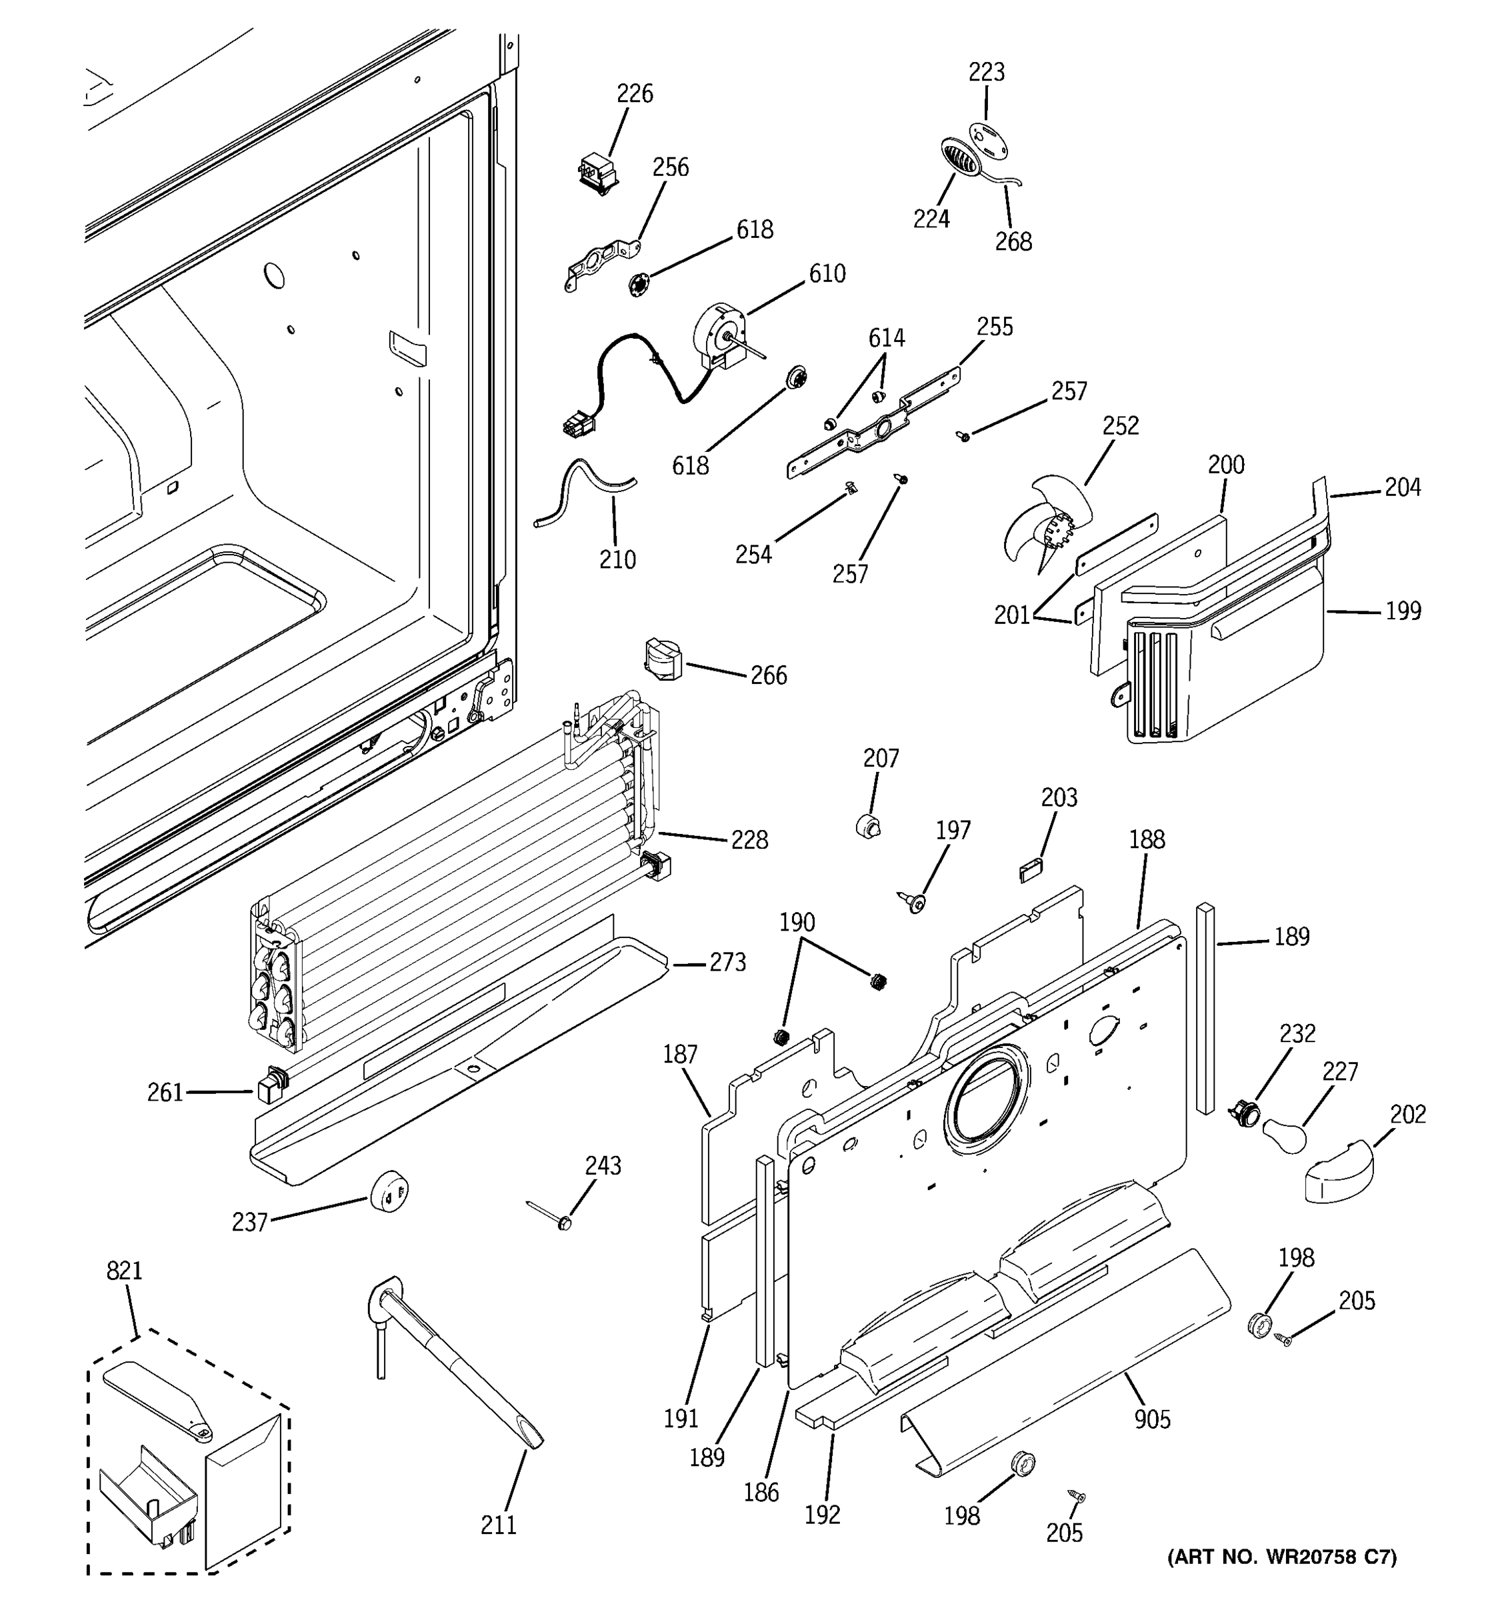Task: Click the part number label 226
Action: point(634,94)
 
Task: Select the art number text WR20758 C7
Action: point(1282,1557)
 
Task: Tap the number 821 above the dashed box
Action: point(124,1271)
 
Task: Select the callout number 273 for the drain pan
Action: point(727,963)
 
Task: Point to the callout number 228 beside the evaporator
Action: point(749,840)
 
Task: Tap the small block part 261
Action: point(269,1087)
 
